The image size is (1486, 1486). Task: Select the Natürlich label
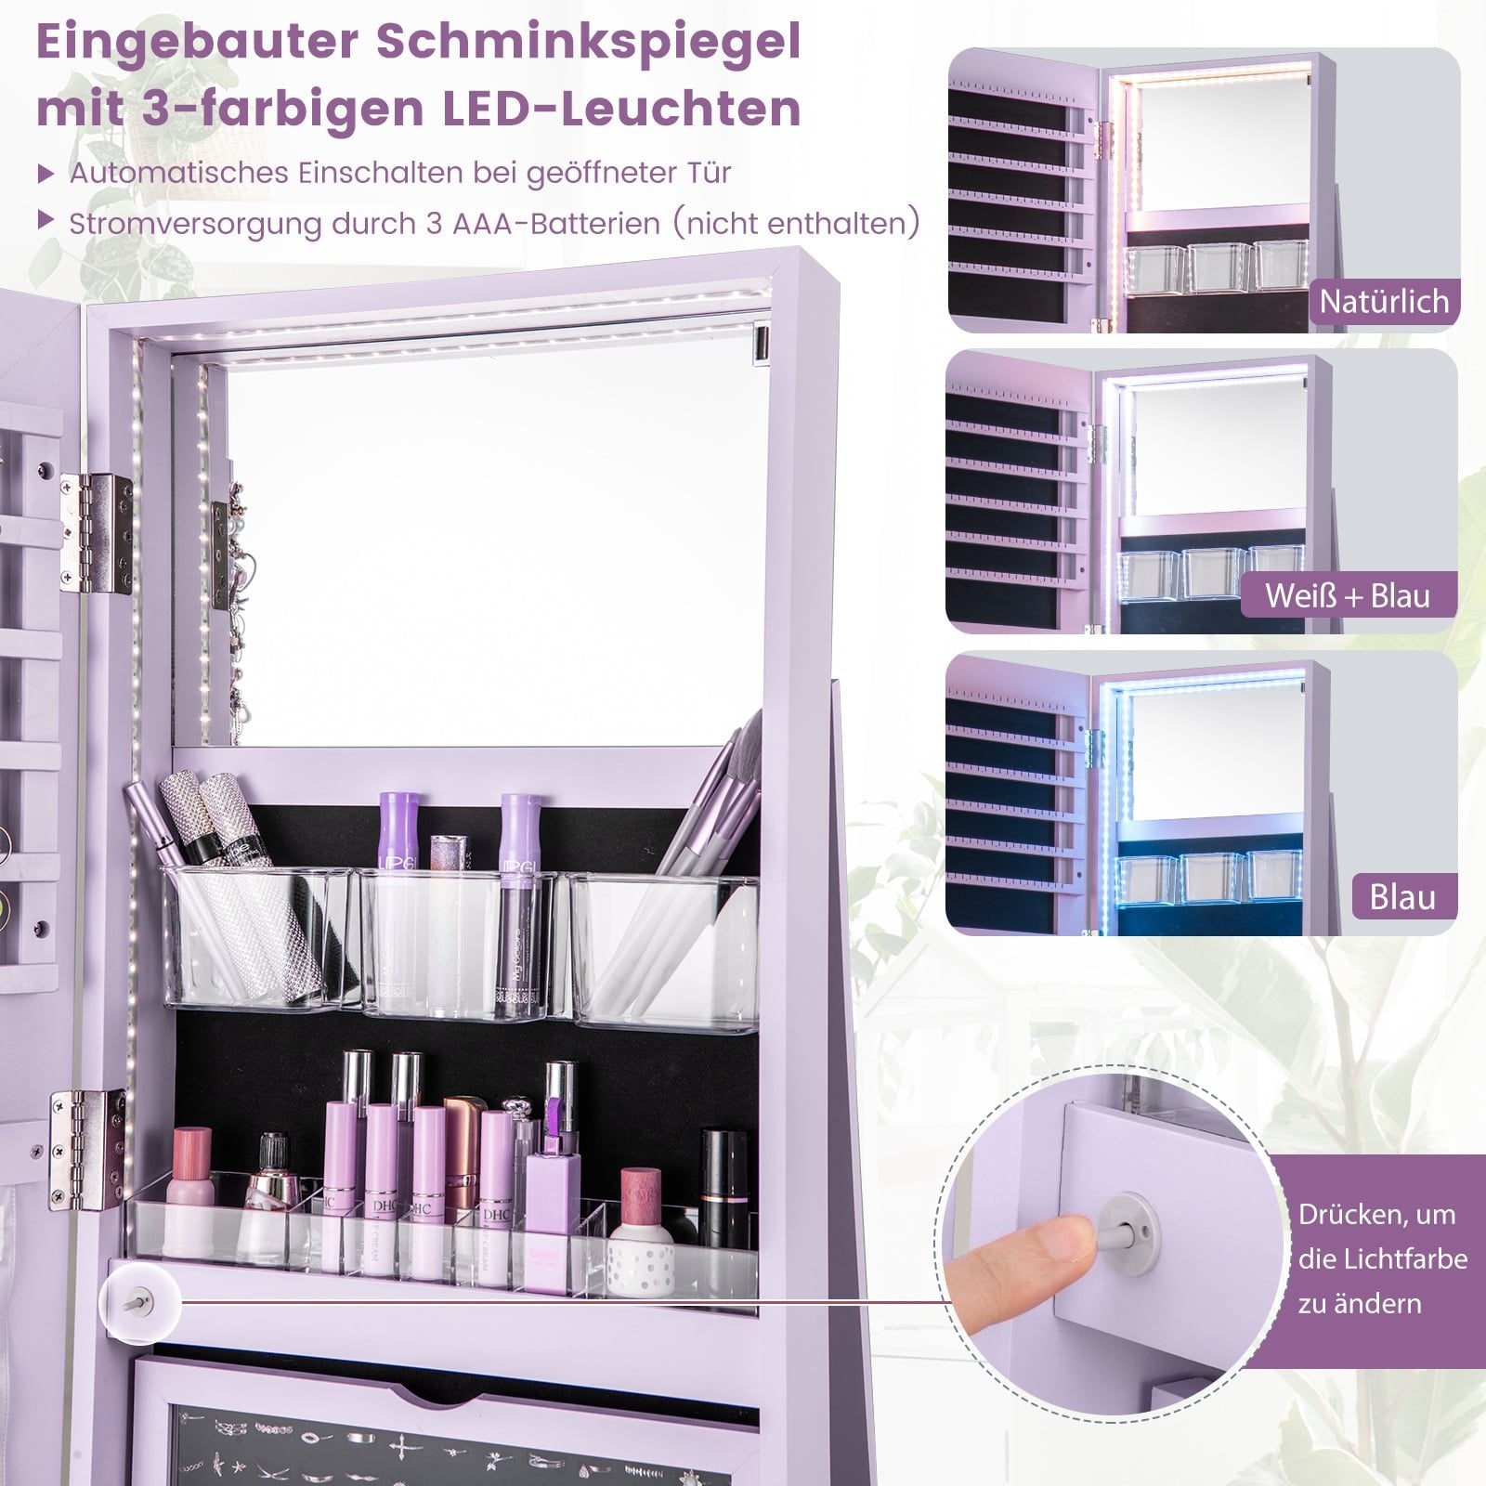pyautogui.click(x=1384, y=302)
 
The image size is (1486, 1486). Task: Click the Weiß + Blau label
pyautogui.click(x=1348, y=595)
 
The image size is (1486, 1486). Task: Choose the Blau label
pyautogui.click(x=1402, y=897)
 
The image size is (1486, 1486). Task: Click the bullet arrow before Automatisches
pyautogui.click(x=46, y=173)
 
